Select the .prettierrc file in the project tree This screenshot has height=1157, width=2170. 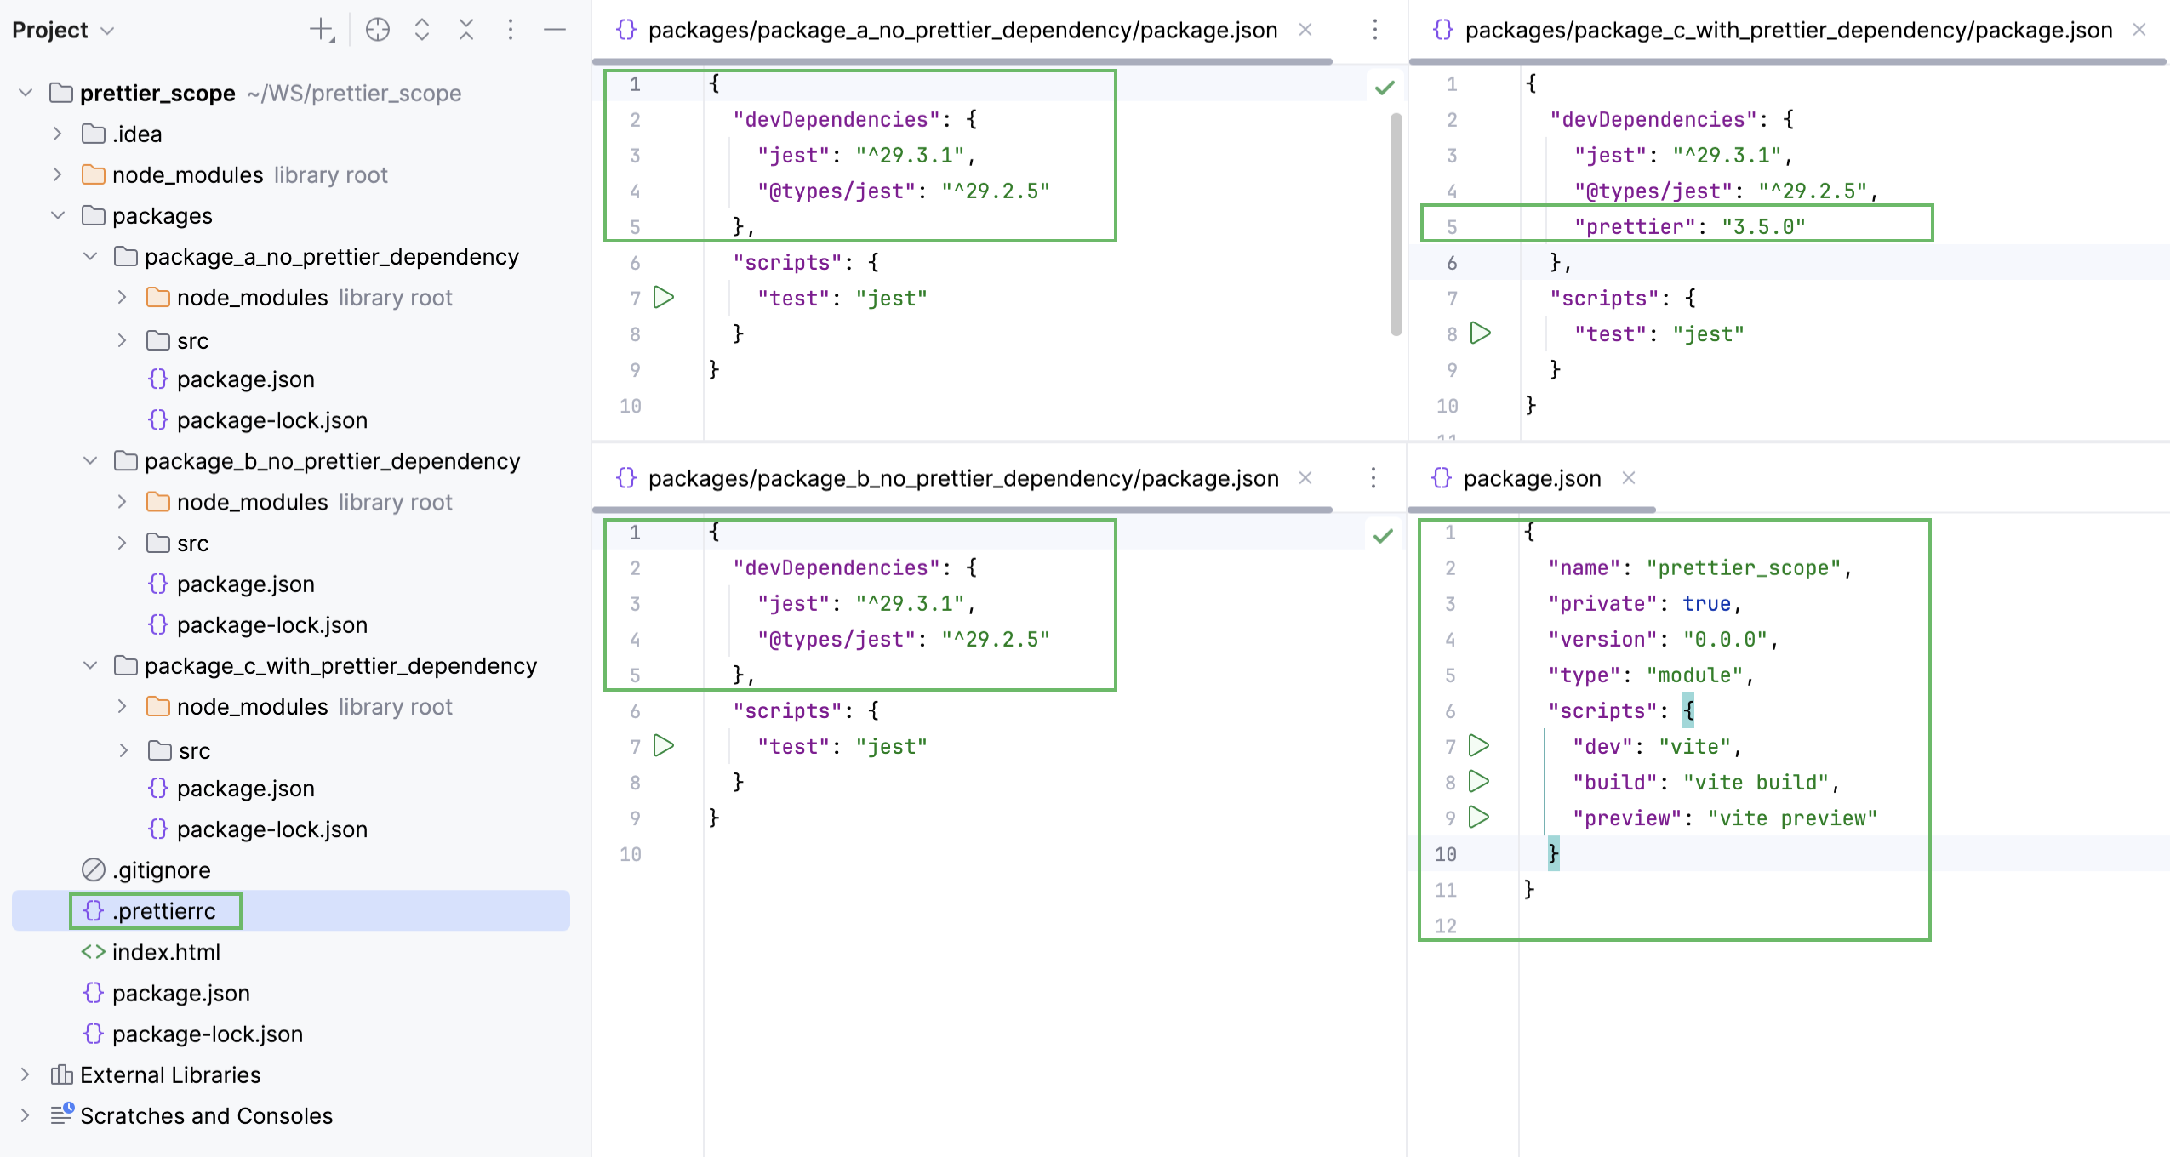tap(163, 911)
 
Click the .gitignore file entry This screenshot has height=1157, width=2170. tap(161, 870)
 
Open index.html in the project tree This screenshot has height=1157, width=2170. tap(165, 952)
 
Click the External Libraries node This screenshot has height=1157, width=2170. tap(170, 1075)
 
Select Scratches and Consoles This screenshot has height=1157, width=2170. tap(206, 1116)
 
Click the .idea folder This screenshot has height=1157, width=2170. tap(136, 134)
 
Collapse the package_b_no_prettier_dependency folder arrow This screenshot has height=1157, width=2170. tap(90, 461)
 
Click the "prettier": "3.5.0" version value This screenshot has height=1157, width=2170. tap(1763, 227)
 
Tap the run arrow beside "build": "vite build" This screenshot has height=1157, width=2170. tap(1479, 782)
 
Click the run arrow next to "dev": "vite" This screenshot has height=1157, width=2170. tap(1479, 746)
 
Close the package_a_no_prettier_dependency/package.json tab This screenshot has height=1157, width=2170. tap(1305, 30)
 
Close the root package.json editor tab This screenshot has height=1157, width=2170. tap(1629, 478)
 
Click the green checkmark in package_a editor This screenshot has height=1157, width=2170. tap(1385, 88)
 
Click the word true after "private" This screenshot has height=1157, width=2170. tap(1706, 604)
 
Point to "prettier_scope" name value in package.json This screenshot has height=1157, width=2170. tap(1744, 568)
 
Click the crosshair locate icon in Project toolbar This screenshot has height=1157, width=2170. tap(378, 31)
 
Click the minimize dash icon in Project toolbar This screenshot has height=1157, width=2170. tap(555, 31)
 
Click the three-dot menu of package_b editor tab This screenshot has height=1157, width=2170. tap(1373, 478)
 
